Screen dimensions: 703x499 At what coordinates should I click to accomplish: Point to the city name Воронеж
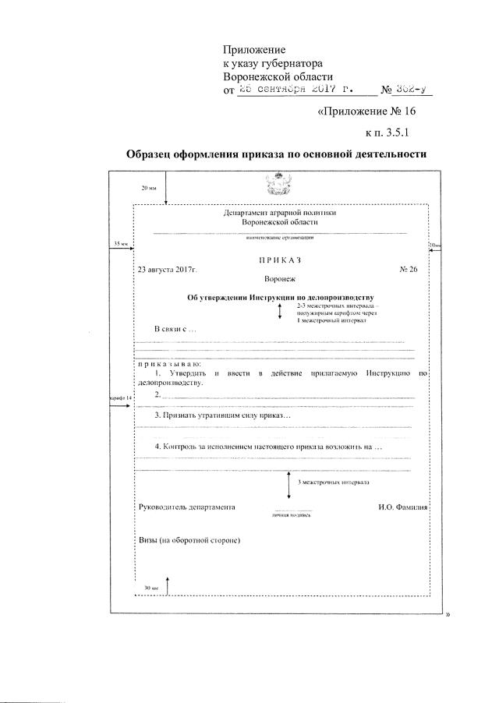[x=280, y=278]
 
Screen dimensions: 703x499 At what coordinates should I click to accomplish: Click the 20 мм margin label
[x=149, y=189]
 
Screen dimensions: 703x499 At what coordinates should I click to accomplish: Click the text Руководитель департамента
[x=186, y=507]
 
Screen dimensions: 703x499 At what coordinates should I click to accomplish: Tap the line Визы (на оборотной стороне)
[x=188, y=539]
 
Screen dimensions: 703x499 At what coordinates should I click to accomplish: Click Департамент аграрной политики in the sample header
[x=280, y=213]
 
